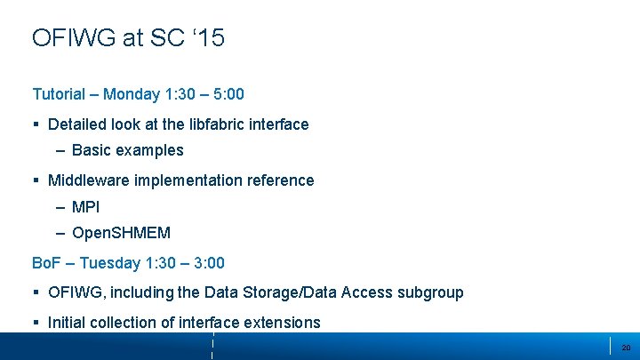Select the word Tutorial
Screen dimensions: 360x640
[59, 94]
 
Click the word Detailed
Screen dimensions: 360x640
[78, 124]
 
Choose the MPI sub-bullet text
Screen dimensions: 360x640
[85, 207]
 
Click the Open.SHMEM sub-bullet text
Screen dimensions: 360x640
[121, 233]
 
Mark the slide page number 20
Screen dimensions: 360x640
[626, 348]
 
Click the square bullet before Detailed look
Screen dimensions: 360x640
[36, 125]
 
